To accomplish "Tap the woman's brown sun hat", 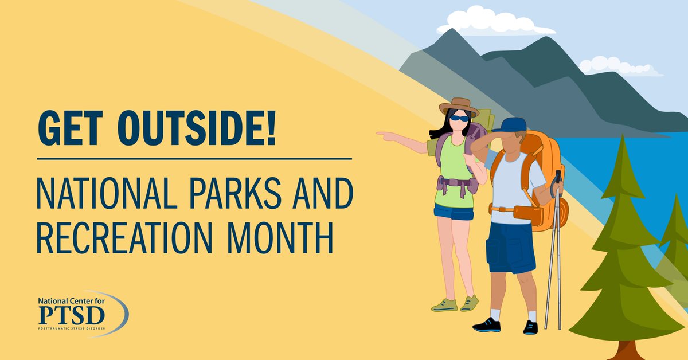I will point(458,106).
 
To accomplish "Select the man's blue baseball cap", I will point(508,125).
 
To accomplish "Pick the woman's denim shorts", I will point(454,212).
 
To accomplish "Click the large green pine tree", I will point(622,258).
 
